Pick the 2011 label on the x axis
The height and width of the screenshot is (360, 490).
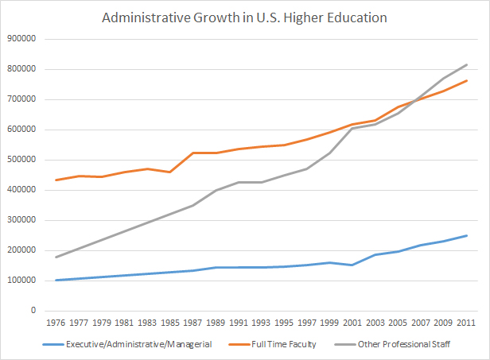tap(466, 323)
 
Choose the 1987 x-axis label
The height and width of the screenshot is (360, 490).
tap(192, 323)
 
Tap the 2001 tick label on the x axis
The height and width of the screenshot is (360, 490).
tap(352, 323)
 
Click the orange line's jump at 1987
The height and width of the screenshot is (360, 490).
tap(192, 153)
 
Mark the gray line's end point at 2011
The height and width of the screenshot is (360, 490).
tap(467, 64)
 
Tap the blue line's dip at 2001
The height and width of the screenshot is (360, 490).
tap(352, 265)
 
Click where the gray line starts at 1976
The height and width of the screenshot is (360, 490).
tap(56, 257)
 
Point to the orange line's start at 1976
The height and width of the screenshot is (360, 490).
tap(56, 180)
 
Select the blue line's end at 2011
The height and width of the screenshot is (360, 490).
tap(467, 235)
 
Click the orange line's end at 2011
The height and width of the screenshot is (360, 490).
tap(467, 80)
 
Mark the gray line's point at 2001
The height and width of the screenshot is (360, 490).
tap(352, 128)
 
